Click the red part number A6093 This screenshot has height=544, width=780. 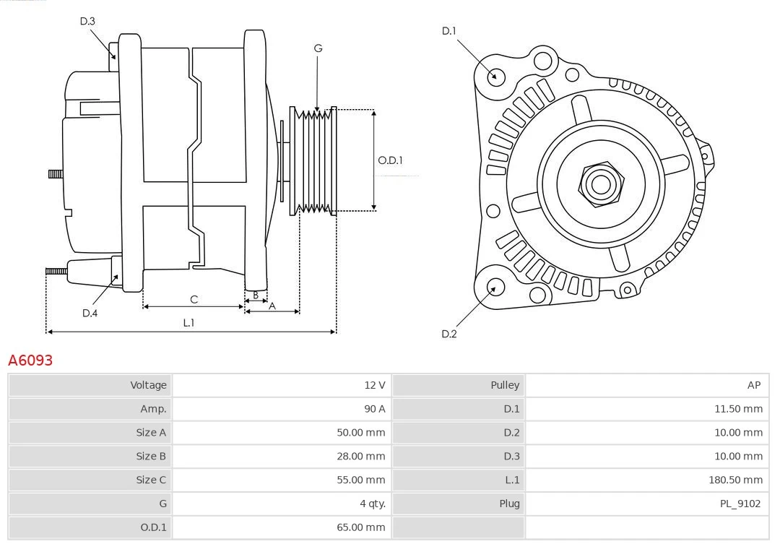30,360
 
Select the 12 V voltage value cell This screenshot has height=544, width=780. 374,385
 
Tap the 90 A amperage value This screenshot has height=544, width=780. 374,409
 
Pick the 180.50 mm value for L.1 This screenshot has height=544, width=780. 735,480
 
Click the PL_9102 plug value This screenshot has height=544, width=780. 740,504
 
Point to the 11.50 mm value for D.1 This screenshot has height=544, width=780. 737,409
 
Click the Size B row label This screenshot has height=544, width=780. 151,456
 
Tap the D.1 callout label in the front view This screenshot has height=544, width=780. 449,31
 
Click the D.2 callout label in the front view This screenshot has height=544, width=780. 449,334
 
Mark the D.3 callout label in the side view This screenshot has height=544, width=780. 87,22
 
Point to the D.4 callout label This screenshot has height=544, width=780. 90,313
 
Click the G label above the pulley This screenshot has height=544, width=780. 318,48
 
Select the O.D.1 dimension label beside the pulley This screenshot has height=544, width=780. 390,160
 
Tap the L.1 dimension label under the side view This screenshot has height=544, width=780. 188,323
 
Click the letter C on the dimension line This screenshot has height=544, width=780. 194,299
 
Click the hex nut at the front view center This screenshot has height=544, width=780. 601,184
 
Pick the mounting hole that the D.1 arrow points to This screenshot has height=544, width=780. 496,76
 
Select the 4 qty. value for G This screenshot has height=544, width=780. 372,504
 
